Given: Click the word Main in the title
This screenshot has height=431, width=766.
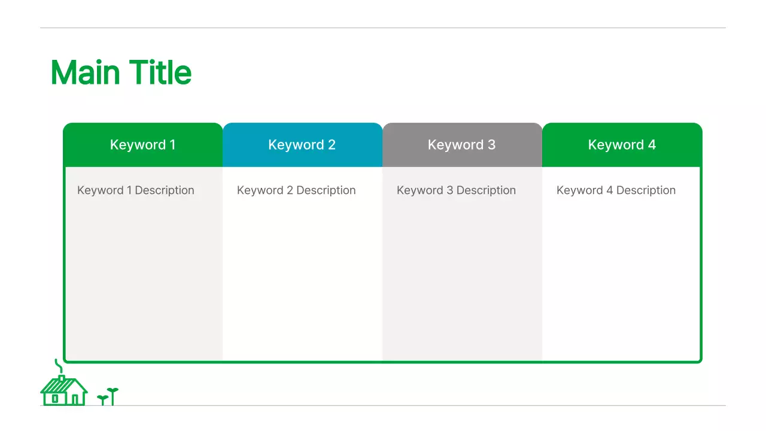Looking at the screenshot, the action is click(86, 72).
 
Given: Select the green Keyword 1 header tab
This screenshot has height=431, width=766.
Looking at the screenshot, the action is click(143, 145).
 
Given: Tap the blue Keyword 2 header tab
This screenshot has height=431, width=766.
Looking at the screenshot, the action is click(303, 145).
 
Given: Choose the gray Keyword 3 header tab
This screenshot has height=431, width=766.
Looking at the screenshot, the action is click(463, 145).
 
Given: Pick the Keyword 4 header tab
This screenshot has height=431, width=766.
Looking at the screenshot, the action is click(622, 145).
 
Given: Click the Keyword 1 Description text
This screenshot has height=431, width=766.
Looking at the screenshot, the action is click(136, 190).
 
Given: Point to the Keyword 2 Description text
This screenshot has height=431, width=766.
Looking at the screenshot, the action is click(296, 190).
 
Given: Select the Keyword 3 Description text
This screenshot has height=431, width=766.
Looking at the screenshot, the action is click(456, 190).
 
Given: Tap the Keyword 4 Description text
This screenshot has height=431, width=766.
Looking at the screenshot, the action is click(616, 190).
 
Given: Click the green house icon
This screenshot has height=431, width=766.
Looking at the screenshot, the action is click(64, 390).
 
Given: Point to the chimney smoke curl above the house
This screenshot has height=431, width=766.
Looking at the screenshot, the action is click(59, 366).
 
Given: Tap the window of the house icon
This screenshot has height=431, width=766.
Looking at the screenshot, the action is click(54, 399).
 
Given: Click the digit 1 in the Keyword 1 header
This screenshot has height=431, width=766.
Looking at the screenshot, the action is click(173, 145).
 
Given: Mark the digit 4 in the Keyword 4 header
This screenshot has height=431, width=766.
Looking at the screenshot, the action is click(652, 145).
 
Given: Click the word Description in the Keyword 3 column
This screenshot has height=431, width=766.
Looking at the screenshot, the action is click(486, 190).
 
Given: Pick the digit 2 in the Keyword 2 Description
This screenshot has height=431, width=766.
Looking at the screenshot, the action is click(290, 190).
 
